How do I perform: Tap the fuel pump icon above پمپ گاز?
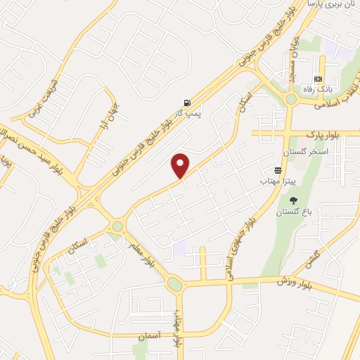pos(186,101)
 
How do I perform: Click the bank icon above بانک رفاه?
pos(318,78)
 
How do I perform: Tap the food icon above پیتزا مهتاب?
pos(278,171)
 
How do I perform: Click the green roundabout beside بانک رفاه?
pos(291,99)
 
